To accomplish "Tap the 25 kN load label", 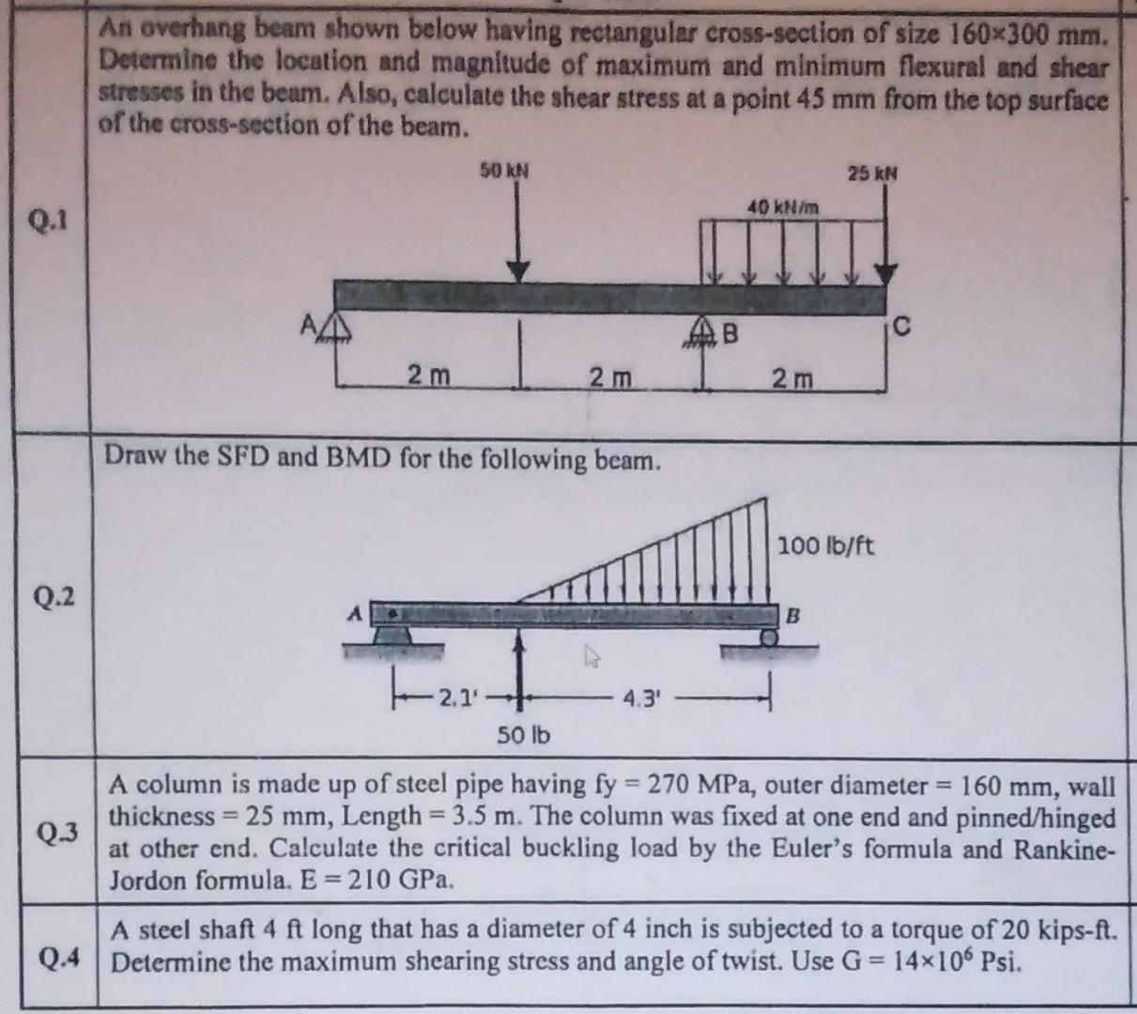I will (872, 174).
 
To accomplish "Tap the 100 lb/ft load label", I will (826, 545).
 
